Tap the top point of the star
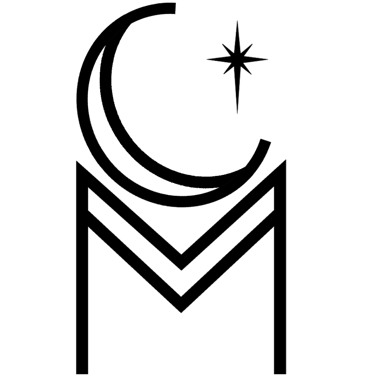237,21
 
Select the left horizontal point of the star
207,59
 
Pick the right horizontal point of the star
267,59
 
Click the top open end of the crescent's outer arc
175,8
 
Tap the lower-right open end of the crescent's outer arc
265,140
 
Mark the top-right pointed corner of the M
286,160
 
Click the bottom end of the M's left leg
82,374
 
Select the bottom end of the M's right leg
280,374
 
